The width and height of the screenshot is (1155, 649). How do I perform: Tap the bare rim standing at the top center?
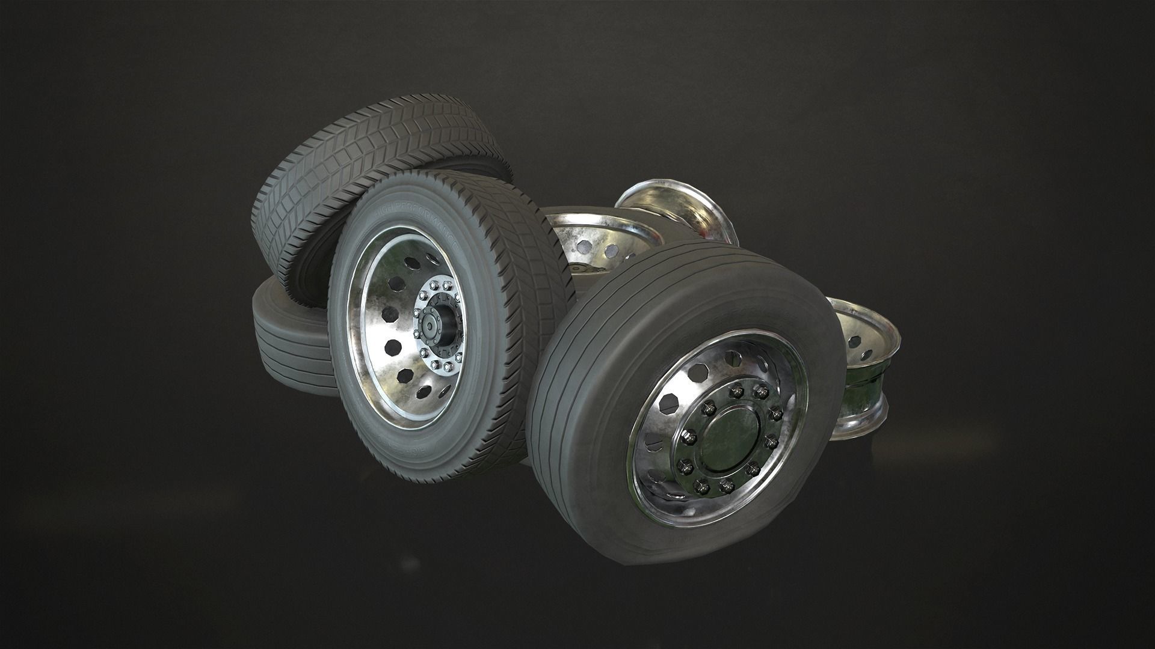(x=677, y=216)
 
